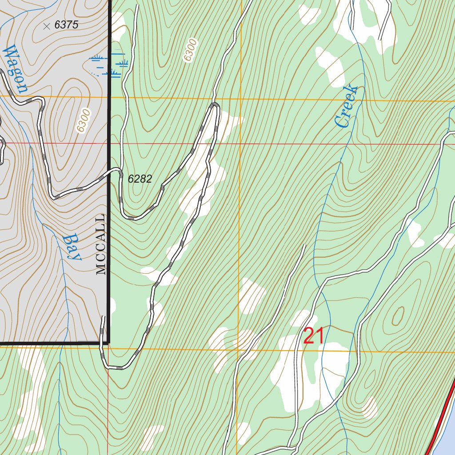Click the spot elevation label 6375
coord(66,25)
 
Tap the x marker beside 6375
coord(47,26)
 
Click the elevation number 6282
coord(140,179)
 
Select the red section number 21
coord(314,336)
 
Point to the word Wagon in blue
coord(15,69)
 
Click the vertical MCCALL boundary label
coord(101,244)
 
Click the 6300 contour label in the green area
coord(190,50)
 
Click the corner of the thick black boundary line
coord(108,343)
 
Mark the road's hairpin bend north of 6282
coord(215,105)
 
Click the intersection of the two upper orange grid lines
coord(240,99)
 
